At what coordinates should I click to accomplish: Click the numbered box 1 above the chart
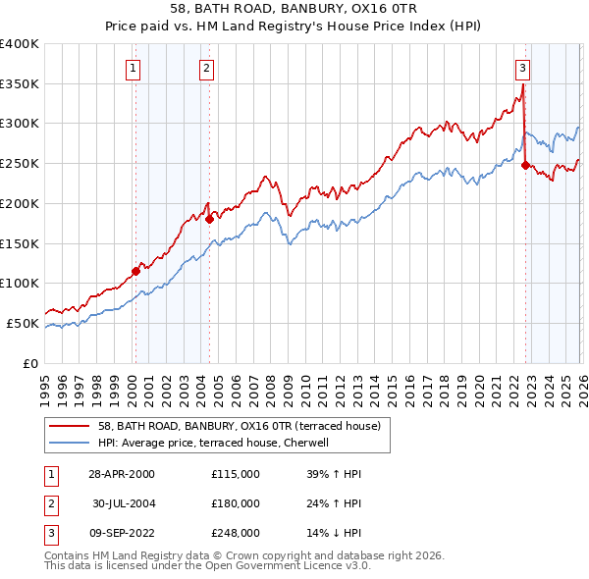(132, 69)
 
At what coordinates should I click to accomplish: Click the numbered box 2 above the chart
(207, 69)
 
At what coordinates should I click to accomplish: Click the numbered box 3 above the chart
(522, 69)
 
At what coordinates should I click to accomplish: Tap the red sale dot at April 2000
(135, 271)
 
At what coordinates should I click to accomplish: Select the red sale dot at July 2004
(210, 219)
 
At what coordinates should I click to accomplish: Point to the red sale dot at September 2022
(525, 165)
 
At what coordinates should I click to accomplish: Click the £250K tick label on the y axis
(20, 163)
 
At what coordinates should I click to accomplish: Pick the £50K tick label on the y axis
(24, 323)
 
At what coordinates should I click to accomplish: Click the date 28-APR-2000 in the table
(120, 474)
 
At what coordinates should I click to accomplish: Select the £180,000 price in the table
(235, 503)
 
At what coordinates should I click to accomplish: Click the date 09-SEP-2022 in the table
(120, 533)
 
